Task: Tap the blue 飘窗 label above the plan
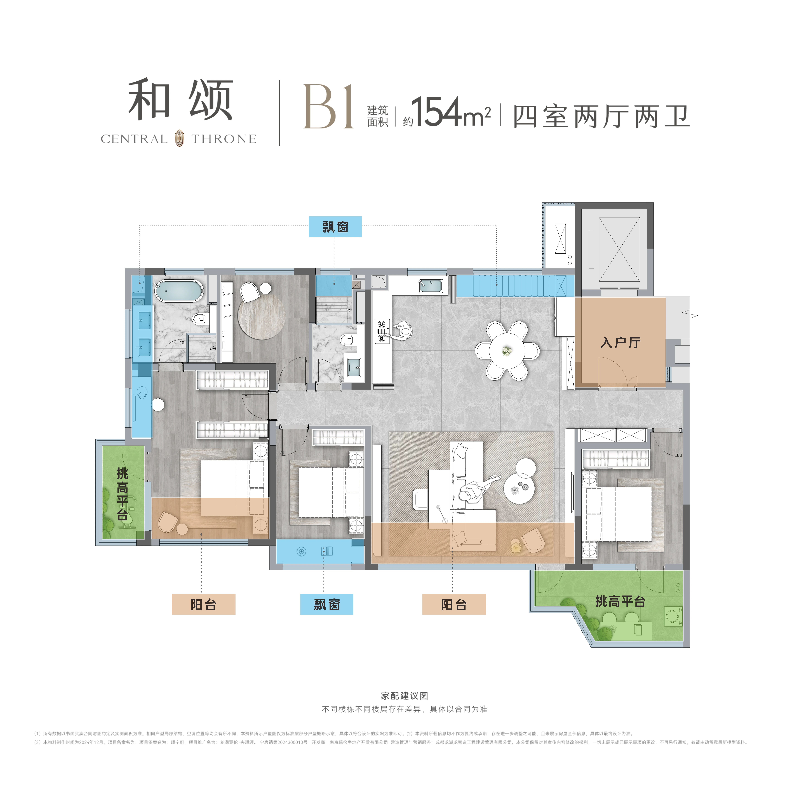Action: pyautogui.click(x=335, y=227)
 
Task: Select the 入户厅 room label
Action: pyautogui.click(x=620, y=343)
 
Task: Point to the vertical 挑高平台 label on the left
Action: pyautogui.click(x=122, y=494)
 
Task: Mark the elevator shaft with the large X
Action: pyautogui.click(x=619, y=249)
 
